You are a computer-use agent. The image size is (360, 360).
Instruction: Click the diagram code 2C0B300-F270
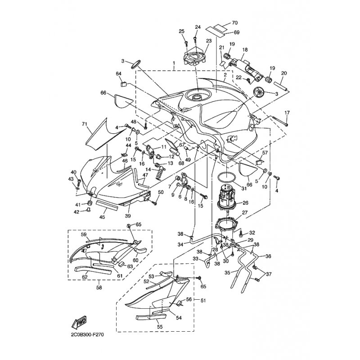(87, 335)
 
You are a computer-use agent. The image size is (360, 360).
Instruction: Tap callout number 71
(85, 124)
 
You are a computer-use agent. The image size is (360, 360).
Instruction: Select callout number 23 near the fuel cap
(209, 41)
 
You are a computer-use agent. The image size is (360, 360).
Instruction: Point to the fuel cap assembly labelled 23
(195, 58)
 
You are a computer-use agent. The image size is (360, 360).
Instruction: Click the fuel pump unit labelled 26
(227, 196)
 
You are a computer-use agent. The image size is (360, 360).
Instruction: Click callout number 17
(287, 113)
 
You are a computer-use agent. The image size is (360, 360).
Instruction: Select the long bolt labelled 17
(280, 121)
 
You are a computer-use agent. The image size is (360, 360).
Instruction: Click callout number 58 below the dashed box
(99, 287)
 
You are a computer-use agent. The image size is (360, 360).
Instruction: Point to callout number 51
(203, 300)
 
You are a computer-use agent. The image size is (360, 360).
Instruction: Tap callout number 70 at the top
(234, 23)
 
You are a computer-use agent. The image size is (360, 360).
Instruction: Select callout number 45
(102, 217)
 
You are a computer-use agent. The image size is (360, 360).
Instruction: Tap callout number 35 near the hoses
(227, 273)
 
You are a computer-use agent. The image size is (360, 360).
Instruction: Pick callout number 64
(118, 74)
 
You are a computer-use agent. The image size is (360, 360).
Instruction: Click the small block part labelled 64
(123, 84)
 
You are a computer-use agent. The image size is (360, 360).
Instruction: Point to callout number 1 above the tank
(174, 63)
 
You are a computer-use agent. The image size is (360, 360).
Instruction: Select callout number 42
(76, 212)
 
